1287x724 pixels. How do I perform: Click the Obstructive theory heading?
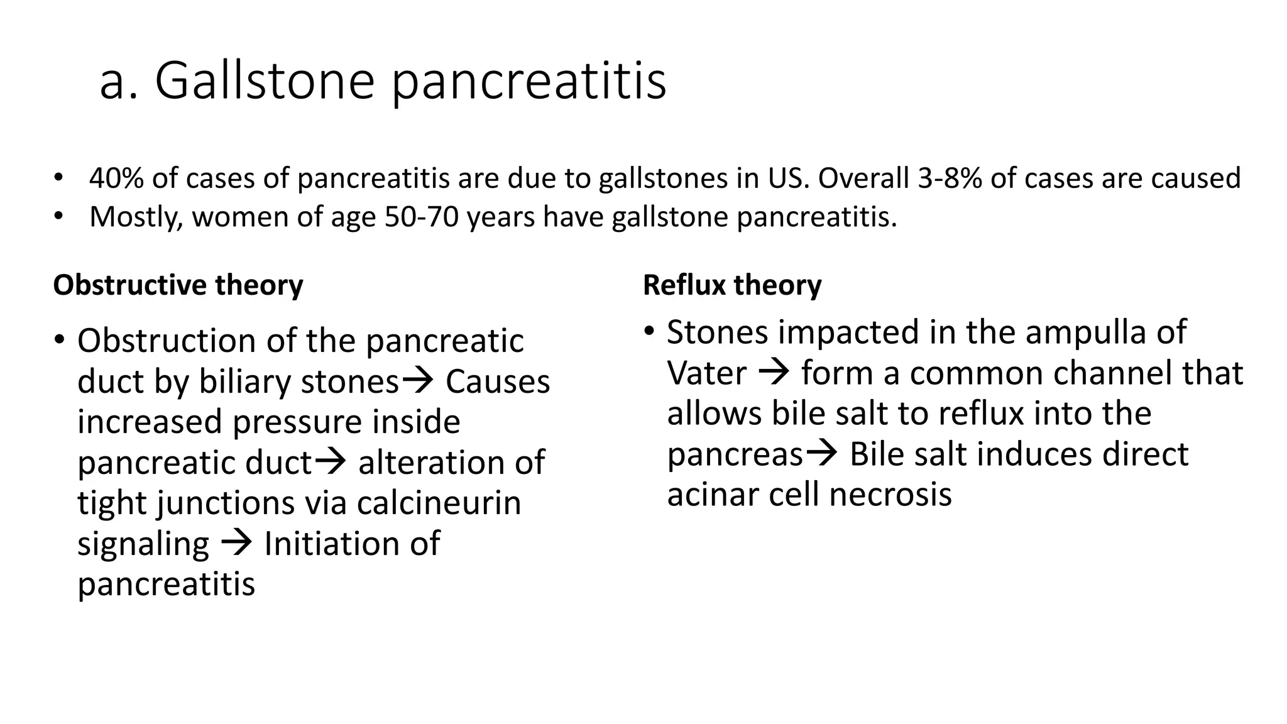tap(178, 285)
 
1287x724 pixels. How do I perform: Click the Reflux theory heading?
tap(732, 285)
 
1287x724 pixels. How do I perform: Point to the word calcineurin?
tap(439, 503)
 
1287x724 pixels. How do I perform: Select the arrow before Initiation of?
tap(237, 542)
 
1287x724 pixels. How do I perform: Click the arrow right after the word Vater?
tap(774, 371)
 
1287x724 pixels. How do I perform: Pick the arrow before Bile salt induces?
tap(821, 452)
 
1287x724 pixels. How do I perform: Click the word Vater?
tap(706, 373)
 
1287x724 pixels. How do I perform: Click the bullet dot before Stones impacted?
tap(649, 331)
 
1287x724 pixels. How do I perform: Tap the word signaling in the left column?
tap(143, 544)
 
